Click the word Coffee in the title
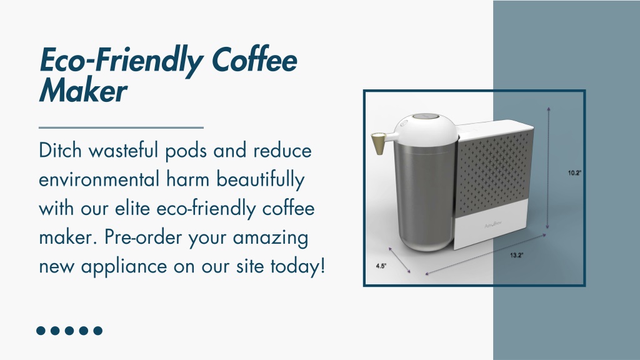(x=255, y=61)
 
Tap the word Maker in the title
(x=83, y=90)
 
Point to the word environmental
(x=99, y=179)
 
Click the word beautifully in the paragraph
(x=261, y=180)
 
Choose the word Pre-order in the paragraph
(x=143, y=237)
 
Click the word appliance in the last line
(x=124, y=267)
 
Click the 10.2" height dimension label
(x=574, y=173)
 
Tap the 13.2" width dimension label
(x=516, y=256)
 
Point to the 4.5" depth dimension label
(x=381, y=266)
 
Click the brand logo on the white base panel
(x=494, y=224)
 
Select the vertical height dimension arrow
(x=548, y=167)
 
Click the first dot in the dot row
(x=41, y=331)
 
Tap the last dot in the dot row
(x=98, y=331)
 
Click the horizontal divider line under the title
(x=121, y=127)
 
